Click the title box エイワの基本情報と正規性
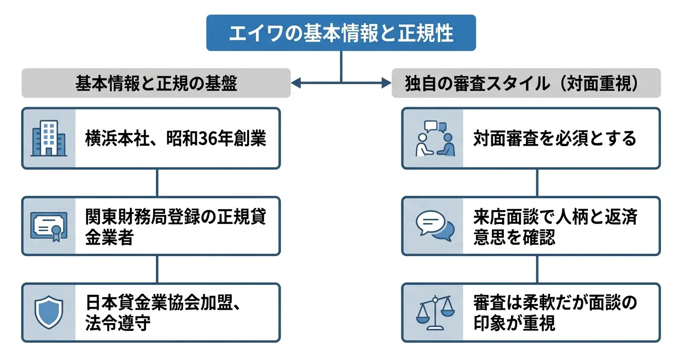pyautogui.click(x=341, y=33)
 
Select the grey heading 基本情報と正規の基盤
pyautogui.click(x=156, y=83)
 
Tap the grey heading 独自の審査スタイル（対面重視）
pyautogui.click(x=526, y=83)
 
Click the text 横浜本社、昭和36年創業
pyautogui.click(x=175, y=138)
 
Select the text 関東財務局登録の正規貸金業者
pyautogui.click(x=175, y=226)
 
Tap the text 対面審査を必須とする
pyautogui.click(x=555, y=138)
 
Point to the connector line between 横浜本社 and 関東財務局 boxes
pyautogui.click(x=157, y=182)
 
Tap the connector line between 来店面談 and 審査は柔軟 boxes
pyautogui.click(x=536, y=269)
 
